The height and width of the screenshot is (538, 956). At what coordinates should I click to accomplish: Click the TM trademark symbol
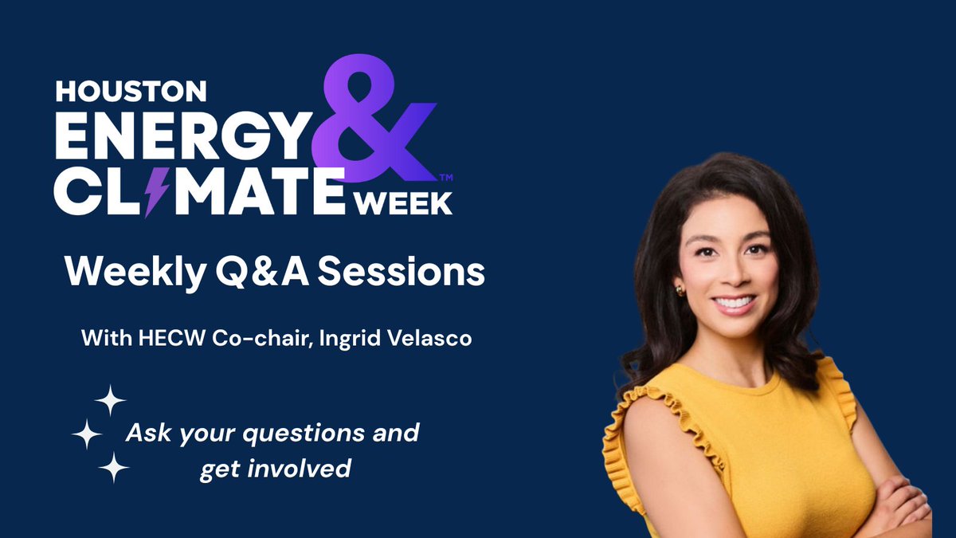(447, 176)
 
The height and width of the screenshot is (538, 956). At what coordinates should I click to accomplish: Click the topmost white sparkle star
(110, 399)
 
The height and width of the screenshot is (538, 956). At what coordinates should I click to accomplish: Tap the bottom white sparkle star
(113, 467)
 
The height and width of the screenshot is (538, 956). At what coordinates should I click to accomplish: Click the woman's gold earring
(680, 289)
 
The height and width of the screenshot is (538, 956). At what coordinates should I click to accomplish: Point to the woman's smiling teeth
(733, 303)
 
